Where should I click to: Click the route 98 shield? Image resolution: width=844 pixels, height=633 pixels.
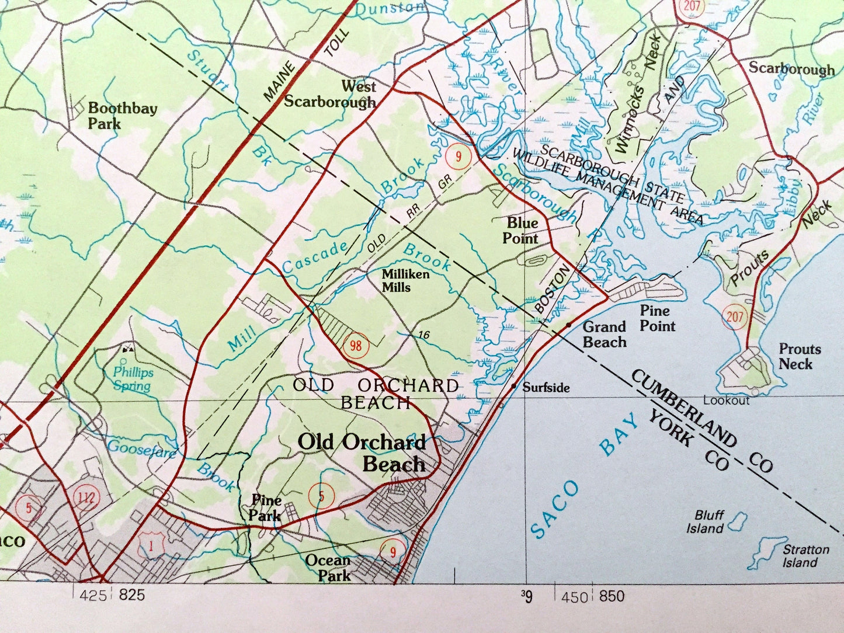pyautogui.click(x=355, y=346)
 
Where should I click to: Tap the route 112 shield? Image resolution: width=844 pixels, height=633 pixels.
pyautogui.click(x=87, y=498)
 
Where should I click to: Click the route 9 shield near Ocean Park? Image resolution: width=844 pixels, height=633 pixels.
pyautogui.click(x=393, y=551)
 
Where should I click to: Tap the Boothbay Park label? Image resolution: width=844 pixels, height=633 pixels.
pyautogui.click(x=114, y=115)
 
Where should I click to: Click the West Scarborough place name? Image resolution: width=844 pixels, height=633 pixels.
pyautogui.click(x=330, y=95)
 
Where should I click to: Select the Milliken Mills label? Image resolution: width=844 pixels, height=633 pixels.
pyautogui.click(x=405, y=281)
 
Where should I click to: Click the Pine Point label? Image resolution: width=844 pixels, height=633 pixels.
pyautogui.click(x=657, y=318)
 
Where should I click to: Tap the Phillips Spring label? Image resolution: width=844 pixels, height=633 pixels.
pyautogui.click(x=133, y=378)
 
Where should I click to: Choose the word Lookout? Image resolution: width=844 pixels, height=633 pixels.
pyautogui.click(x=726, y=401)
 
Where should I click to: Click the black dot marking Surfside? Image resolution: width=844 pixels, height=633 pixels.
pyautogui.click(x=513, y=386)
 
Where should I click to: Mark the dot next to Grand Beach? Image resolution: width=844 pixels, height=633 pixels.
pyautogui.click(x=568, y=324)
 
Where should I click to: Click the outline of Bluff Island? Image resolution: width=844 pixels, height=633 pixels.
pyautogui.click(x=739, y=520)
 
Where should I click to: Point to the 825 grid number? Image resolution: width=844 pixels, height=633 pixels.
pyautogui.click(x=131, y=596)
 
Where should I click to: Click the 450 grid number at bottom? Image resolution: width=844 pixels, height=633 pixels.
pyautogui.click(x=575, y=597)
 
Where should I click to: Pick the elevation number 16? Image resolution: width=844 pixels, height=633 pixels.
pyautogui.click(x=424, y=335)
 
